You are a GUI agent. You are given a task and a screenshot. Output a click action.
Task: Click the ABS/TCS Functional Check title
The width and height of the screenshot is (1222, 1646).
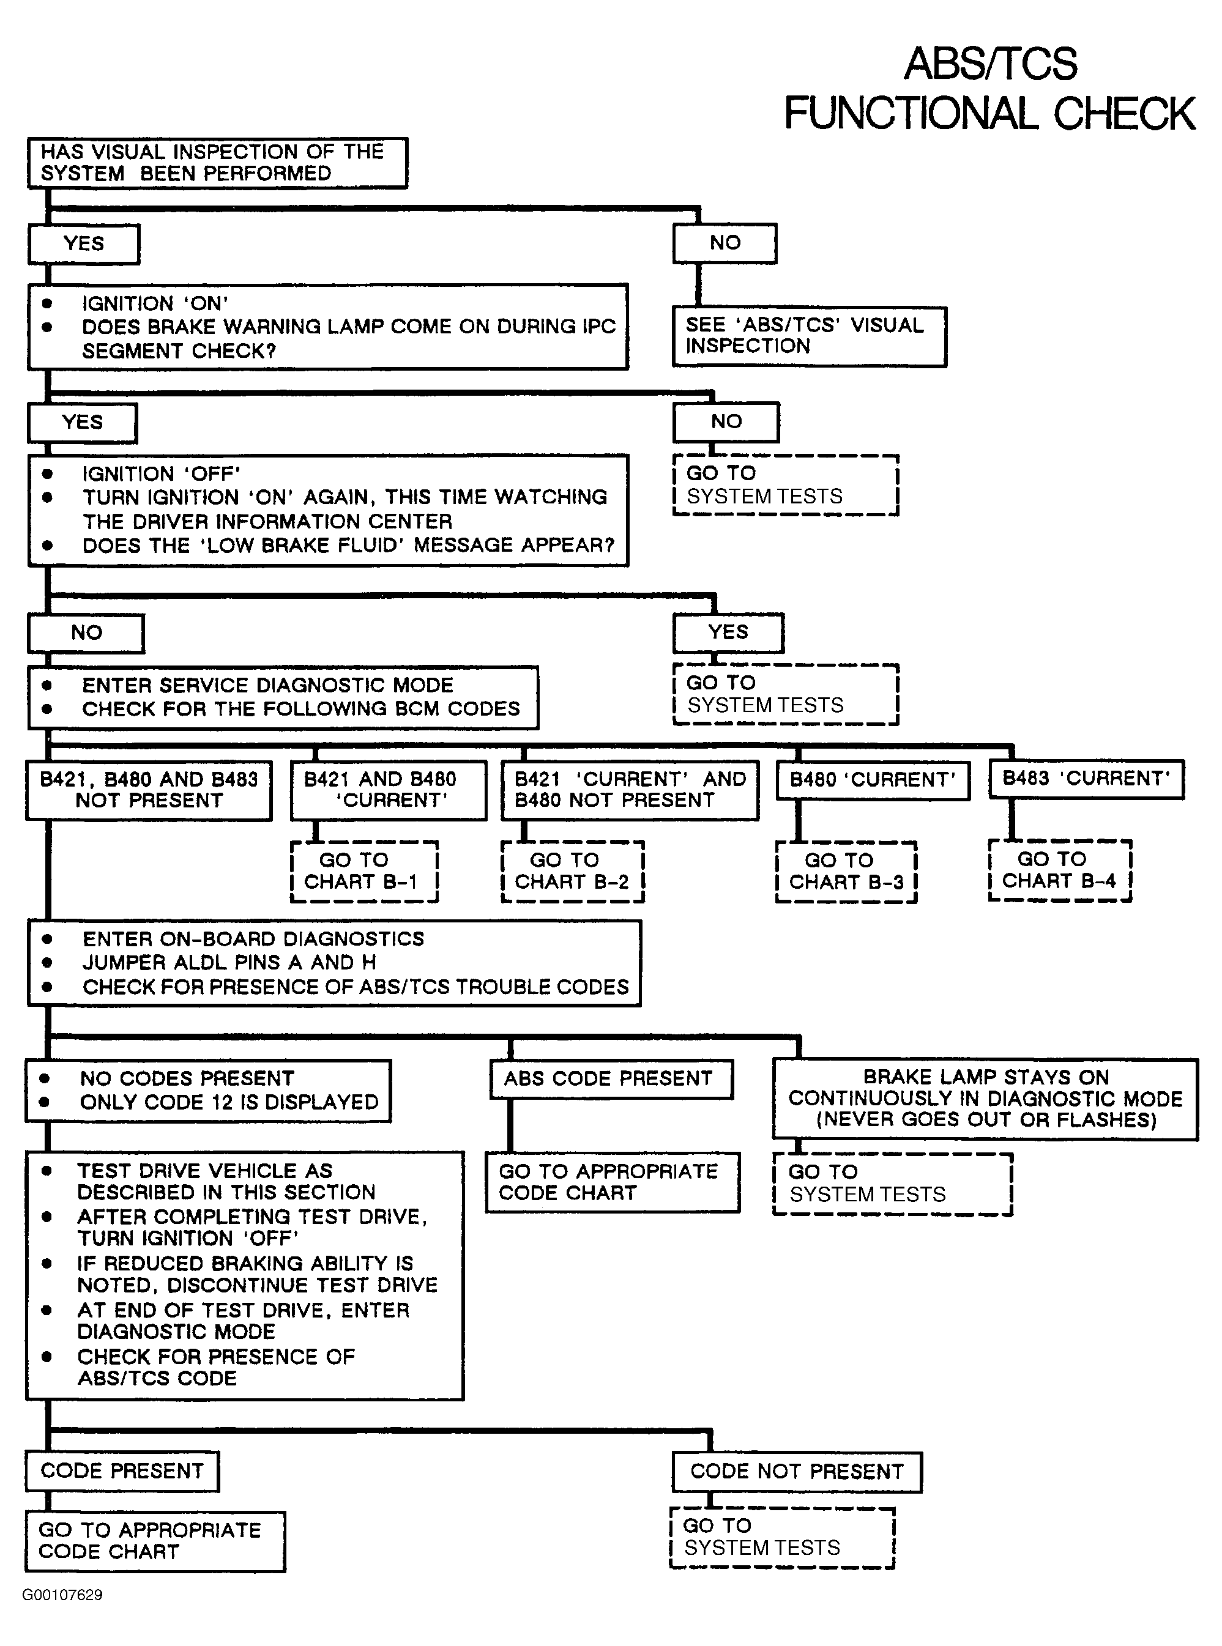(989, 88)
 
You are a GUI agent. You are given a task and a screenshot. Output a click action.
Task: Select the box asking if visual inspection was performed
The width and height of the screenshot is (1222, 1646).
(217, 163)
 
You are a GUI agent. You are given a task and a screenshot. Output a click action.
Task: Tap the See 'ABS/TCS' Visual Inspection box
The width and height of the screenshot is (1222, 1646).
(809, 336)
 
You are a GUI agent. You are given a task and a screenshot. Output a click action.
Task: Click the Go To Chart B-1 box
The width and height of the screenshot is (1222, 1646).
(364, 871)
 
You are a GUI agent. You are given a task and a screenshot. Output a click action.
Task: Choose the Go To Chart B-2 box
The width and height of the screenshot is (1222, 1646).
(573, 871)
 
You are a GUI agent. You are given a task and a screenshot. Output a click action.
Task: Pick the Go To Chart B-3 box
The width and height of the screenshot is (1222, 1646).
(846, 872)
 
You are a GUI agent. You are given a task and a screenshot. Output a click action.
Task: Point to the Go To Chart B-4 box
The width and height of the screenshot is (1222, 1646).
(1060, 870)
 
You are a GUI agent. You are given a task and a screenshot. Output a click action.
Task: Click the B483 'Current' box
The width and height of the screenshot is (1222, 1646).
(1086, 779)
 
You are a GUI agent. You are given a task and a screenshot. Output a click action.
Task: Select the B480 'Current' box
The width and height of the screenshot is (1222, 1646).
(873, 780)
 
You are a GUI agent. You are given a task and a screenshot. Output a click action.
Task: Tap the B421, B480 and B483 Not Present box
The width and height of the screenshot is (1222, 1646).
(149, 790)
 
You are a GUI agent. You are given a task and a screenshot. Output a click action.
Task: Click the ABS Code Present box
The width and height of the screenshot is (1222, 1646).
(611, 1079)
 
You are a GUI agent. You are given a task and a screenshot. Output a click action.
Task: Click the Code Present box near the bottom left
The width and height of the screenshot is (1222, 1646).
(122, 1470)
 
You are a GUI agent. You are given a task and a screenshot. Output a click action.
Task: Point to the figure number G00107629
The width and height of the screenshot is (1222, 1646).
(62, 1595)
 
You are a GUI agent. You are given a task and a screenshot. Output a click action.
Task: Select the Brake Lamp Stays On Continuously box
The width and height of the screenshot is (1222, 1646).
(985, 1099)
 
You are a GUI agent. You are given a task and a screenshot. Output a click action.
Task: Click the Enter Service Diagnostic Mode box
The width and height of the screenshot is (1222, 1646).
(283, 697)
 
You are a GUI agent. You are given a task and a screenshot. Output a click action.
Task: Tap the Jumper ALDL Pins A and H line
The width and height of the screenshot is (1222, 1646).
(229, 962)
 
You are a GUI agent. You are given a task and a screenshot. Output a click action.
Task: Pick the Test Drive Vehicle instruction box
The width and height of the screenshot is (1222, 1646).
(245, 1275)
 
